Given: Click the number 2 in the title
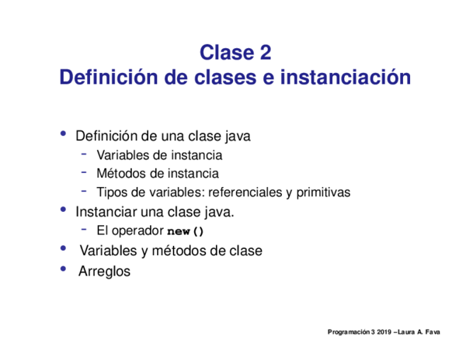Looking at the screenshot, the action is pyautogui.click(x=265, y=53).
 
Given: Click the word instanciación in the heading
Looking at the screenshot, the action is pyautogui.click(x=346, y=77).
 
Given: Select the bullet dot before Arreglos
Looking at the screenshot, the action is pyautogui.click(x=63, y=269).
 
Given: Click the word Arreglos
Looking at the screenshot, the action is pyautogui.click(x=104, y=272).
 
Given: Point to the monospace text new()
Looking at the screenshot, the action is pyautogui.click(x=186, y=231).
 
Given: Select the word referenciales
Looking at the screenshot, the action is pyautogui.click(x=245, y=192).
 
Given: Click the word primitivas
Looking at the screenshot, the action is pyautogui.click(x=323, y=192).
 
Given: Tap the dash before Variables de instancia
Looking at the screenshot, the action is pyautogui.click(x=84, y=154).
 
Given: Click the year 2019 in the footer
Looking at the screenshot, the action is pyautogui.click(x=384, y=332).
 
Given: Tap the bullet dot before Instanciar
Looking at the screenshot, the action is pyautogui.click(x=63, y=209).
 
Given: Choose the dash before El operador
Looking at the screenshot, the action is pyautogui.click(x=84, y=229).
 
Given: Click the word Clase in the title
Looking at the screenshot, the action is pyautogui.click(x=227, y=53).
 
